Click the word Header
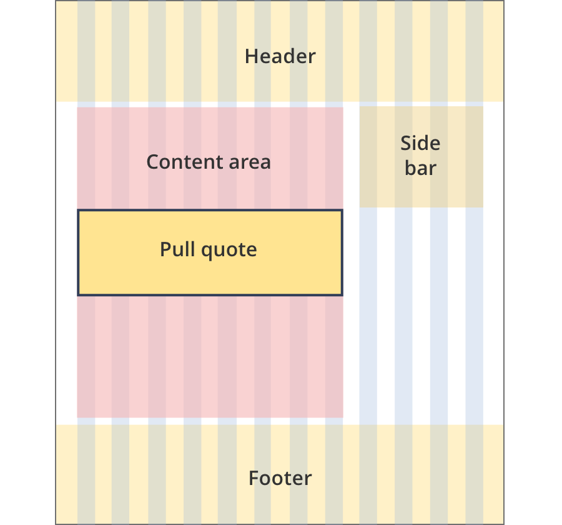[x=280, y=56]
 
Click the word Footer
[x=280, y=478]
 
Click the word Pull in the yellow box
[x=177, y=249]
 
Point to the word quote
[x=229, y=250]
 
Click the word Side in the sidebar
[x=420, y=143]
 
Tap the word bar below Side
[x=420, y=168]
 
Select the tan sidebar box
[x=421, y=157]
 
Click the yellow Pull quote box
[x=210, y=252]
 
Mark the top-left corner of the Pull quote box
[x=77, y=209]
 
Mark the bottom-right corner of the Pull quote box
[x=343, y=296]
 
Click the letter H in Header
[x=252, y=57]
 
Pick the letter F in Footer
[x=254, y=478]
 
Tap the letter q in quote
[x=207, y=252]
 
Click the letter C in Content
[x=153, y=162]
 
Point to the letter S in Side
[x=406, y=143]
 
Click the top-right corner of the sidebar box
[x=483, y=106]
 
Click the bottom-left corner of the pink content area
[x=77, y=417]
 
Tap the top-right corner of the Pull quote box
[x=343, y=209]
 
